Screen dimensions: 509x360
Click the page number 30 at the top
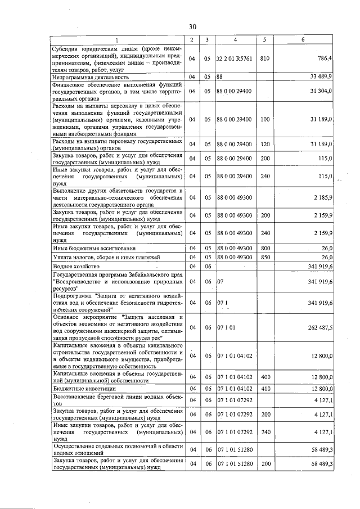(192, 26)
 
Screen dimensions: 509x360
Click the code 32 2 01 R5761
(235, 58)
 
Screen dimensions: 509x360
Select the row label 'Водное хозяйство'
(76, 266)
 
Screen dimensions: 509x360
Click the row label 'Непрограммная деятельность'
(85, 76)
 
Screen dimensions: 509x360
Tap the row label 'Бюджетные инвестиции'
(84, 388)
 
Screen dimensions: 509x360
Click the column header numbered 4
(235, 39)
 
